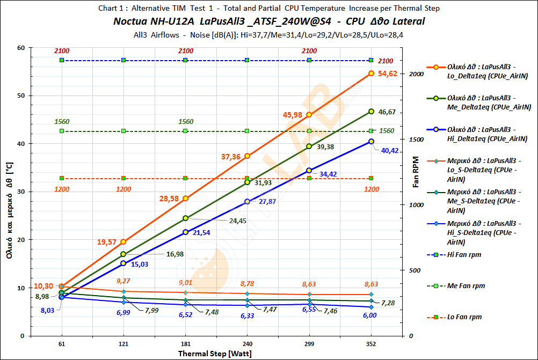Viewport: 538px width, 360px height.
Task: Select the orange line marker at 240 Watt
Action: coord(247,156)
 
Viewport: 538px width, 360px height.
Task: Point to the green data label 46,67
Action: coord(387,112)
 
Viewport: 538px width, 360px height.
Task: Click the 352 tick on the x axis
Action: coord(371,344)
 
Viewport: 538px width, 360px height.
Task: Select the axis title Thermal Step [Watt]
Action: coord(215,354)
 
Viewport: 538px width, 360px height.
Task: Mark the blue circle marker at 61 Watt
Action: coord(62,297)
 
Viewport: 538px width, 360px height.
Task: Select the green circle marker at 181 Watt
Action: coord(185,218)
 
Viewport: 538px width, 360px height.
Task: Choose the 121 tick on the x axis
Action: coord(123,344)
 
